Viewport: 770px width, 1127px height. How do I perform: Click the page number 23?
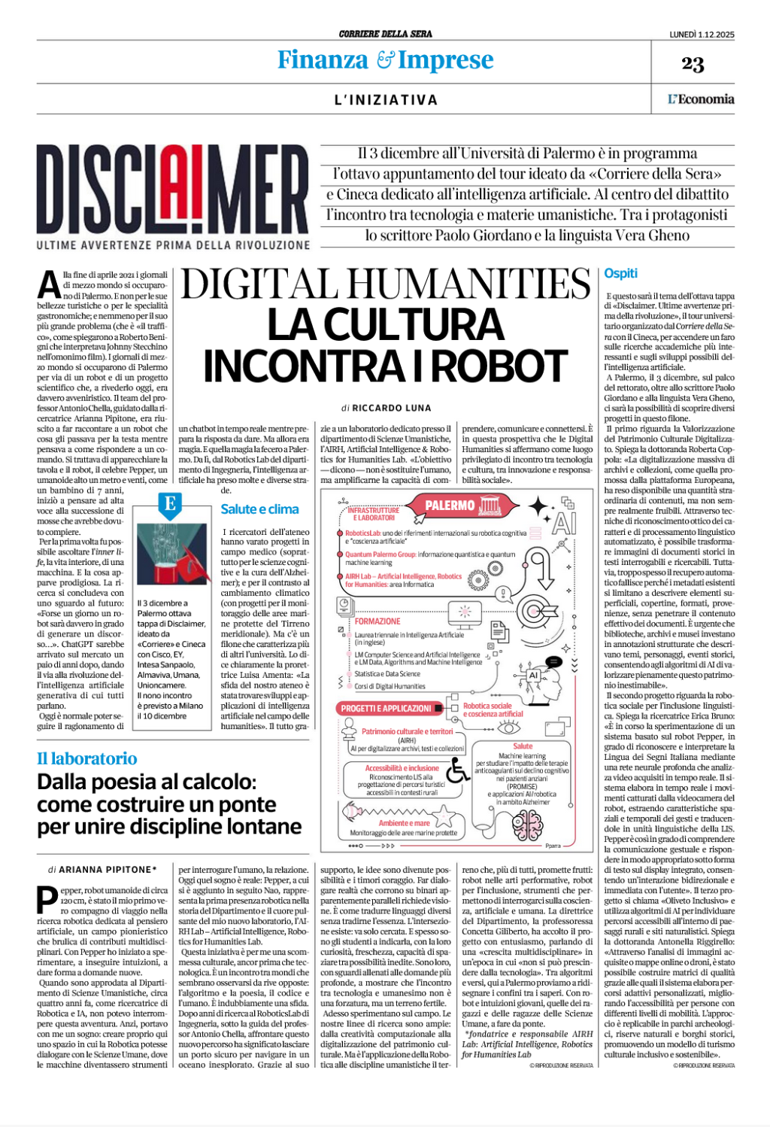coord(693,64)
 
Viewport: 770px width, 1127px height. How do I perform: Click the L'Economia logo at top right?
coord(701,99)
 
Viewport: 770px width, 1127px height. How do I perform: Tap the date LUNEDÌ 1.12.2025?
coord(702,34)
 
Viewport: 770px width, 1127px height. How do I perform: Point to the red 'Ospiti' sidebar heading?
coord(620,274)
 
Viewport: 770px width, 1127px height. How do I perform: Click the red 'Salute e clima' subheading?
coord(259,509)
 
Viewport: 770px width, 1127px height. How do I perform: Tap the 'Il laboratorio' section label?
coord(87,758)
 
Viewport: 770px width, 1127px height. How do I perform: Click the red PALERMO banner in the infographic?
coord(450,506)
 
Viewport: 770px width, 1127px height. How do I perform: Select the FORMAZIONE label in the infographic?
coord(377,621)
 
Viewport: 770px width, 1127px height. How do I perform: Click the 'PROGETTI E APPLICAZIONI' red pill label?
coord(386,709)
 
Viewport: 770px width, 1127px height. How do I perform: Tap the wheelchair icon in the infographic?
coord(457,770)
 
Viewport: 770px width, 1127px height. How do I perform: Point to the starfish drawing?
coord(444,814)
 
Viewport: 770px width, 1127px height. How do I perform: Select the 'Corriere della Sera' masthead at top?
coord(385,34)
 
